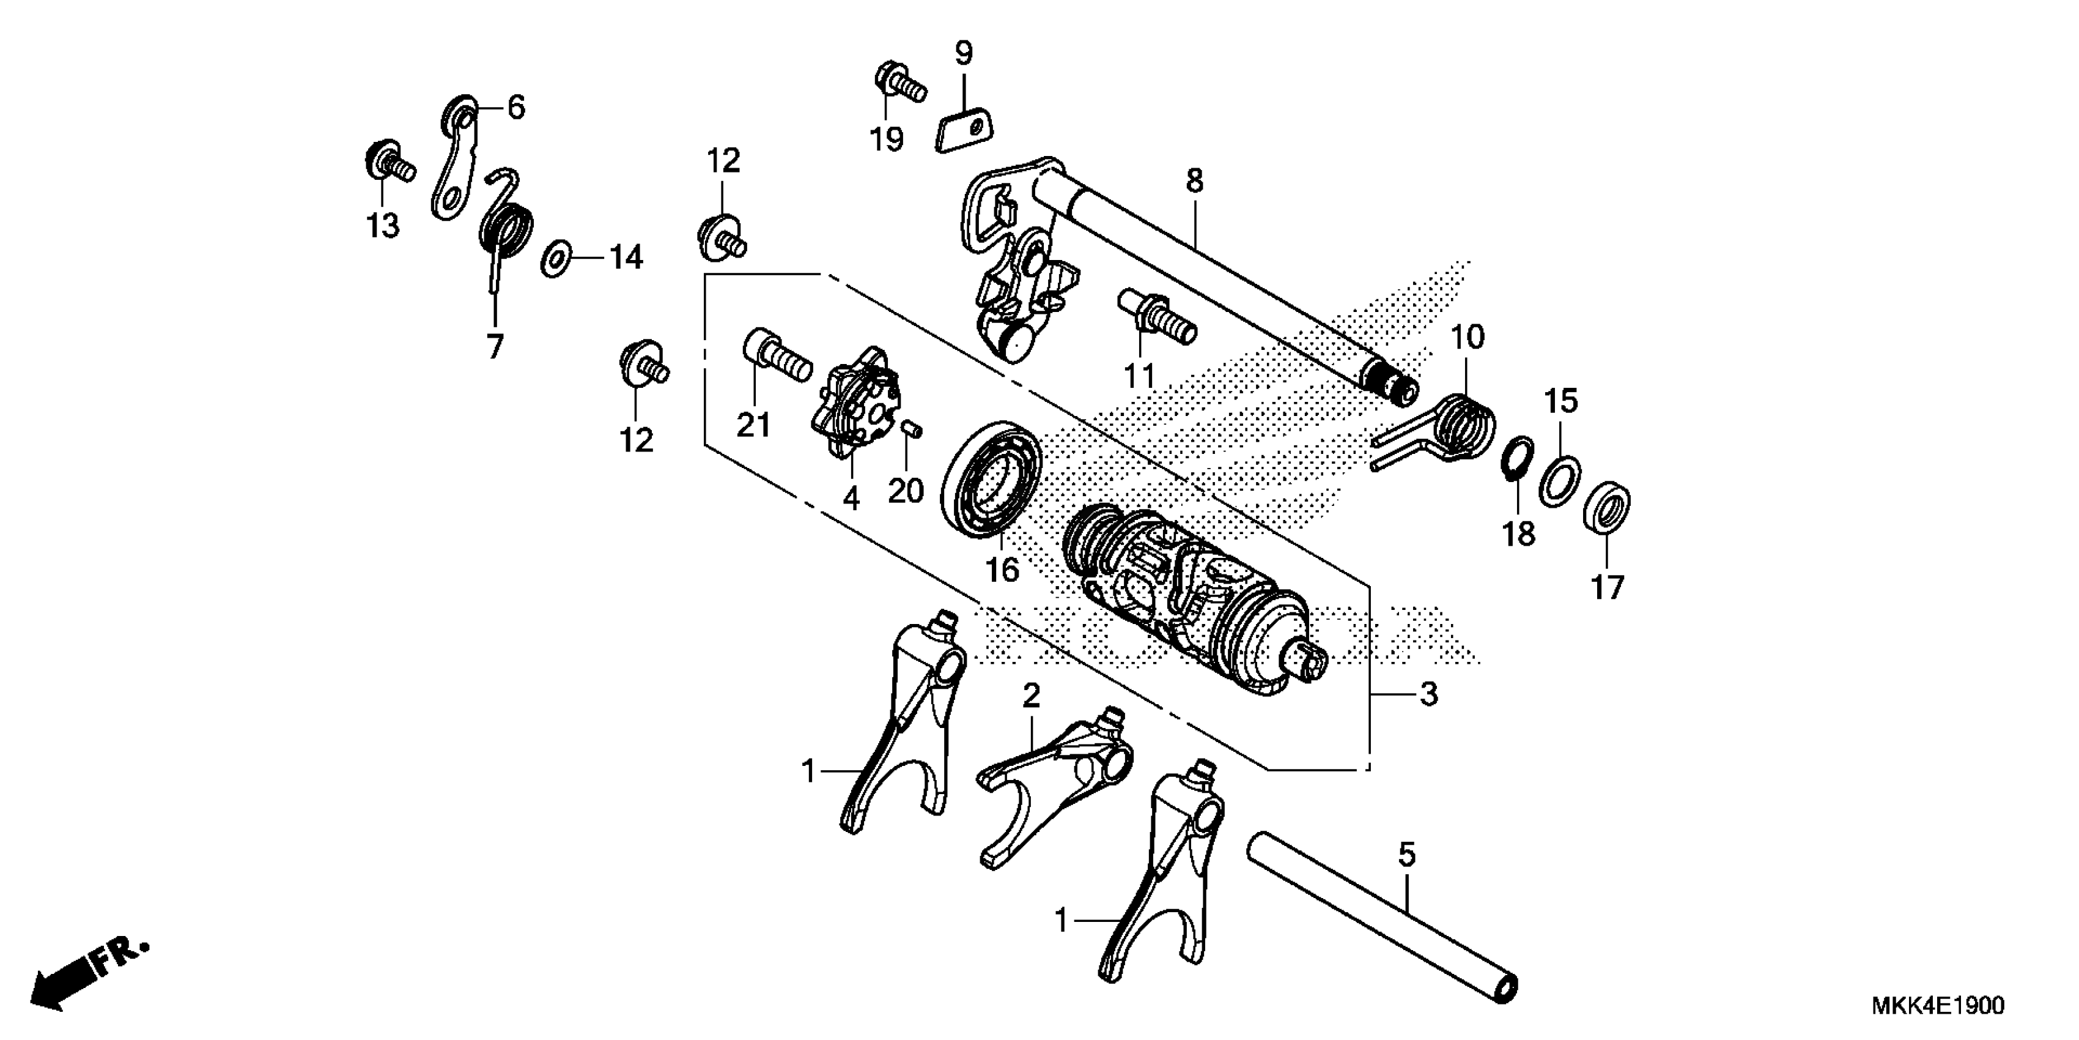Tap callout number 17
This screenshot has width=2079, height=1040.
coord(1606,587)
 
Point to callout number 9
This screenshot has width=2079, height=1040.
coord(964,53)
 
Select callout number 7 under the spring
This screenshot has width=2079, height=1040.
coord(495,347)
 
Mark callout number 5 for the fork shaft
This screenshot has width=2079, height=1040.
coord(1407,854)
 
